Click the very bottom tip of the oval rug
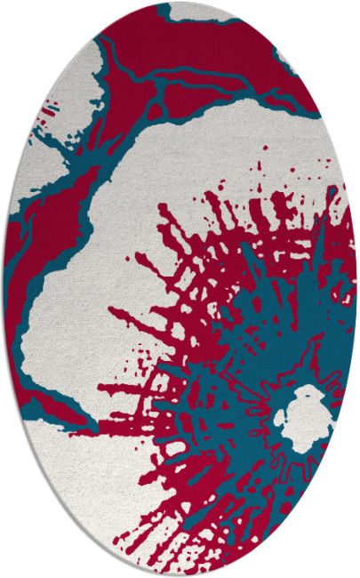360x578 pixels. tap(180, 574)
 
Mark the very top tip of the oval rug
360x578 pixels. tap(180, 3)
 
